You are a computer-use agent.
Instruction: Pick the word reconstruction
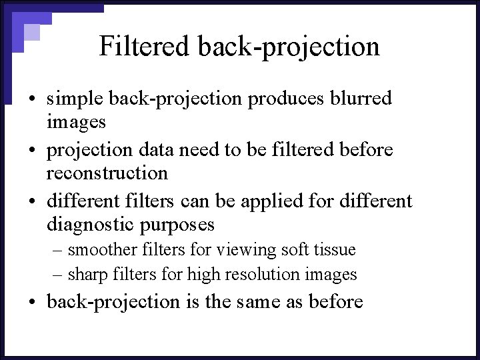point(107,173)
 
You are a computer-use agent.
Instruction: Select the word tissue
point(336,250)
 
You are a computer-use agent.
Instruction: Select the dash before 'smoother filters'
point(58,251)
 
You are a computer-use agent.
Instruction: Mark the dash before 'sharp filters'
point(58,275)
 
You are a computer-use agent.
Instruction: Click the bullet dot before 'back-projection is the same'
point(32,303)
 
